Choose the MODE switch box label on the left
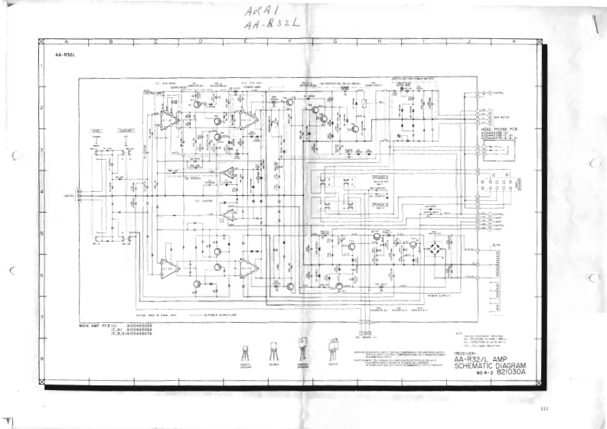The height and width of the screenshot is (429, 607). tap(97, 132)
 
